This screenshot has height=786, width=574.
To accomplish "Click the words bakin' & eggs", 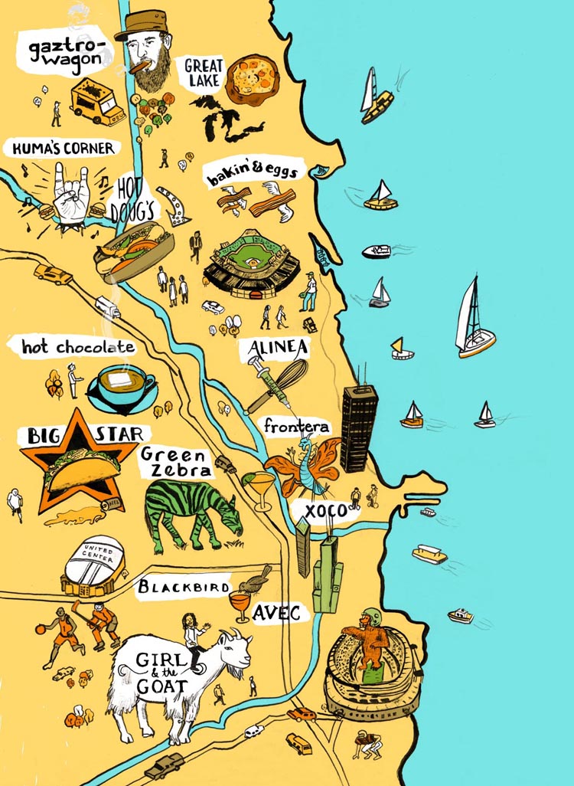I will [x=250, y=175].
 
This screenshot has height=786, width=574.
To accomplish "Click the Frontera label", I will [x=298, y=427].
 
